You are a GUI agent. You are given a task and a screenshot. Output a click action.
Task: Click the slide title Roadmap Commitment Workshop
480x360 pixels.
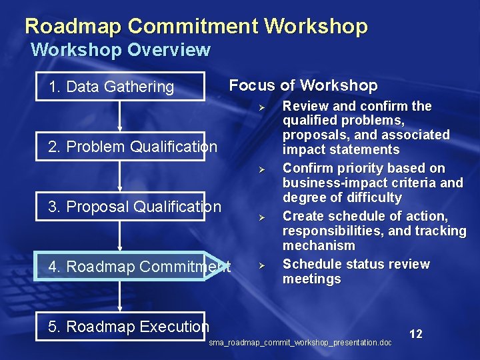point(196,26)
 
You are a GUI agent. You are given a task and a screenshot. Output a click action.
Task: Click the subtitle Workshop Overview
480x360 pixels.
point(121,50)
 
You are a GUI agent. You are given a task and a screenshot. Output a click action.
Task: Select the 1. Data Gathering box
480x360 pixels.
point(121,86)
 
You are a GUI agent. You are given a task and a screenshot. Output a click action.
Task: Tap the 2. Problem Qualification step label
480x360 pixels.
point(133,146)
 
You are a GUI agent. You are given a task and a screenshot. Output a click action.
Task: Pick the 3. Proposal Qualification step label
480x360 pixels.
point(135,207)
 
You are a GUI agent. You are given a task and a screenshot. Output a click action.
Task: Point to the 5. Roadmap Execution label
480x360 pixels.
point(129,326)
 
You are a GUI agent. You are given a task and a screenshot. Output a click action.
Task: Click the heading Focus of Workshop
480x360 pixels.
point(303,85)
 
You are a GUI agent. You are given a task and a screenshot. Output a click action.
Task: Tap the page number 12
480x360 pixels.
point(415,334)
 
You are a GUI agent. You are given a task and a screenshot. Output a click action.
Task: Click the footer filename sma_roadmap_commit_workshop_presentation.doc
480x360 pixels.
point(300,343)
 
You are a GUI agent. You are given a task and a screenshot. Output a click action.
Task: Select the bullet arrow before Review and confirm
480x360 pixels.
point(263,107)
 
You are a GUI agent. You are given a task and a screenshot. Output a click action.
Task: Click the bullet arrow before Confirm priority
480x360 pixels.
point(263,169)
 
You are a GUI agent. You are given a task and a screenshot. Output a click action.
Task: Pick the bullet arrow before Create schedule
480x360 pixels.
point(263,217)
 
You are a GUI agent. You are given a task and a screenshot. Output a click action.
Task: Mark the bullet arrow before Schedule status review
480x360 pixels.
point(263,265)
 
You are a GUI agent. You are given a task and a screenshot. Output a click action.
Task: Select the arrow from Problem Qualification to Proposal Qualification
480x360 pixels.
point(120,176)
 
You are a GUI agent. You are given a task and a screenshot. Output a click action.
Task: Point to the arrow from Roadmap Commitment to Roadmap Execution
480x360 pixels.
point(120,296)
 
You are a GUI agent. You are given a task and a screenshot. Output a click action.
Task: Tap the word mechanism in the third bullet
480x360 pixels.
point(315,245)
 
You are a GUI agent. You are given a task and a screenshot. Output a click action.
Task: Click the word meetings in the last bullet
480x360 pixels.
point(311,279)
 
